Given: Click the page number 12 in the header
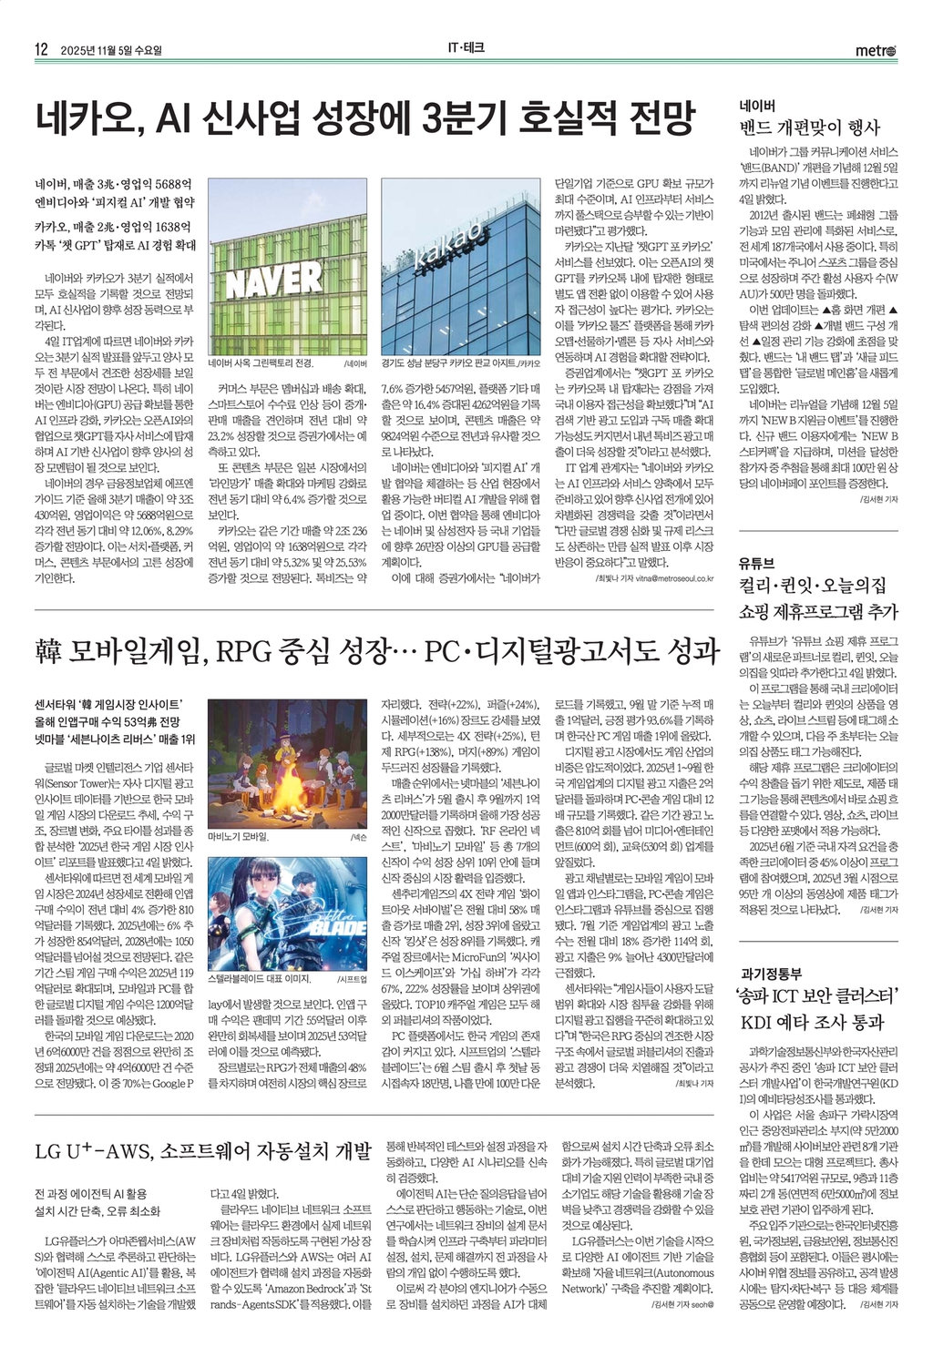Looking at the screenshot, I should (x=41, y=50).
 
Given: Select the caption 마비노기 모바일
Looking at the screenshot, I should (x=239, y=835).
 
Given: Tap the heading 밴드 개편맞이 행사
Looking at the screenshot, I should (x=810, y=128).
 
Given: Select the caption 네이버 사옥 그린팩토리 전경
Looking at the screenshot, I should (x=265, y=362).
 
